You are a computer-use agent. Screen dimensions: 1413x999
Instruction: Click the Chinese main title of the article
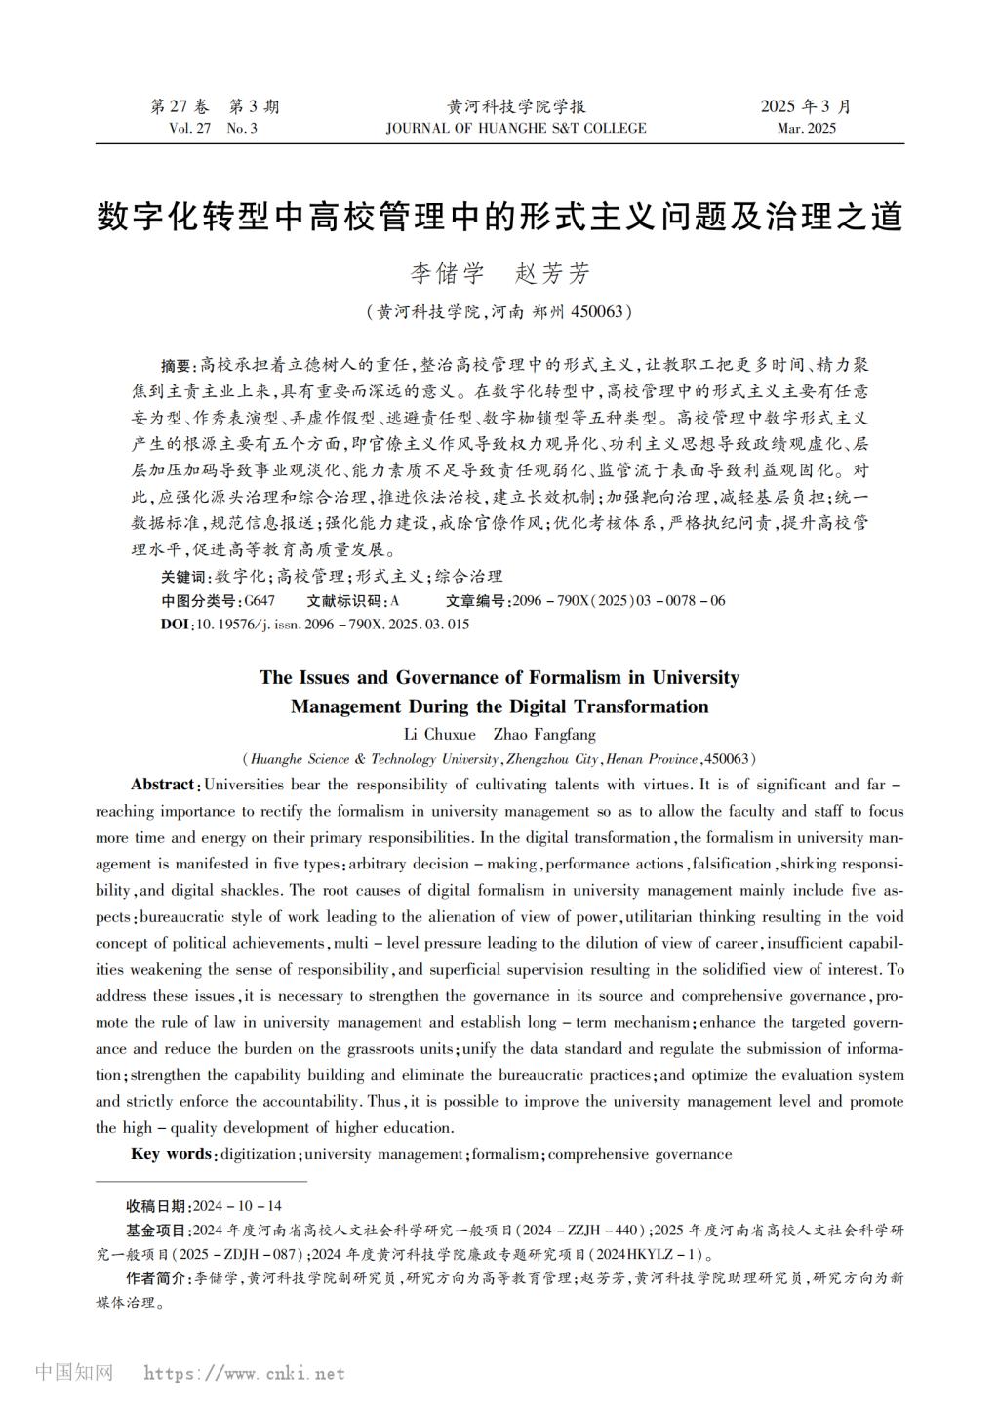[499, 218]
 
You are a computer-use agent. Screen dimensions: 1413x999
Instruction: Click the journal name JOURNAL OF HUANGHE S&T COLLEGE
[516, 129]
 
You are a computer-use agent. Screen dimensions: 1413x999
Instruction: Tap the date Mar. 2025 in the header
[806, 129]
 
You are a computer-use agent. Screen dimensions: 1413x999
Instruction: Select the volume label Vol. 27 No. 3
[214, 129]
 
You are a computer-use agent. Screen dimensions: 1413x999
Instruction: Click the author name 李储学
[447, 274]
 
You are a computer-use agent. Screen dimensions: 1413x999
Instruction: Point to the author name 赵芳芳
[552, 274]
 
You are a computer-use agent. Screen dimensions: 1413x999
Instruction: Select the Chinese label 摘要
[179, 366]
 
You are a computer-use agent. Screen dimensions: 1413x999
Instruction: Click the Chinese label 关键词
[184, 577]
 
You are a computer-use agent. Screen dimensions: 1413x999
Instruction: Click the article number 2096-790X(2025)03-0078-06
[619, 601]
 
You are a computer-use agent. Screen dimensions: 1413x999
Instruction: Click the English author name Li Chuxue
[439, 734]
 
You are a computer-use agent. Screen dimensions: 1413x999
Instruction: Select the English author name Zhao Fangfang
[544, 734]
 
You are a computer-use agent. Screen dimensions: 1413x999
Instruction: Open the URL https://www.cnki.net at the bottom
[244, 1374]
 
